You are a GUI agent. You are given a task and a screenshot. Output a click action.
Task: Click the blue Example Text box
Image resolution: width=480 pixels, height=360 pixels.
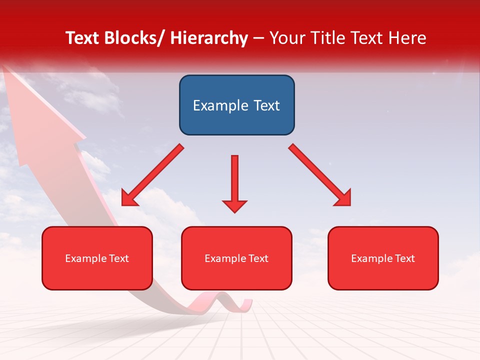tap(236, 105)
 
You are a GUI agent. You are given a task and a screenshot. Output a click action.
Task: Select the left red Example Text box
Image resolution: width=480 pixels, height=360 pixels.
tap(97, 258)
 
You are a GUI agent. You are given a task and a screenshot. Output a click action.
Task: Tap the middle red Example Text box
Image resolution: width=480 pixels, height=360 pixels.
tap(236, 258)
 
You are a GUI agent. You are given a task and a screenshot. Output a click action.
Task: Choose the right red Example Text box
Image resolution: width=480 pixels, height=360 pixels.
tap(383, 258)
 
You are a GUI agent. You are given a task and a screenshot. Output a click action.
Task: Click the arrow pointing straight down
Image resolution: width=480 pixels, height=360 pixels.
tap(234, 183)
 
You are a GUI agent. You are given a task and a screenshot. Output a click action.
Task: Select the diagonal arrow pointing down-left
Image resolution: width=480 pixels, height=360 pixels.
tap(152, 175)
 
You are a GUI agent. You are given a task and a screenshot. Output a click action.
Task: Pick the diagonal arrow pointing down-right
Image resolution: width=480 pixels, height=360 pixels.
tap(320, 175)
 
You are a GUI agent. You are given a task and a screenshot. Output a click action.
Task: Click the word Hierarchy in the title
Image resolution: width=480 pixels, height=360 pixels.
tap(209, 38)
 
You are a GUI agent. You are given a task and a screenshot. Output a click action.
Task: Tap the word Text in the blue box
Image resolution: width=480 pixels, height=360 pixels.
tap(266, 105)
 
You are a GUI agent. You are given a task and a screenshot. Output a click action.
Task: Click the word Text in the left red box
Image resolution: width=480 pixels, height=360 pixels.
tap(118, 258)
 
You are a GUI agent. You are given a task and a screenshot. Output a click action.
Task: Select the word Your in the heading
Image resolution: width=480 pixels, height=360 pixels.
tap(286, 38)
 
